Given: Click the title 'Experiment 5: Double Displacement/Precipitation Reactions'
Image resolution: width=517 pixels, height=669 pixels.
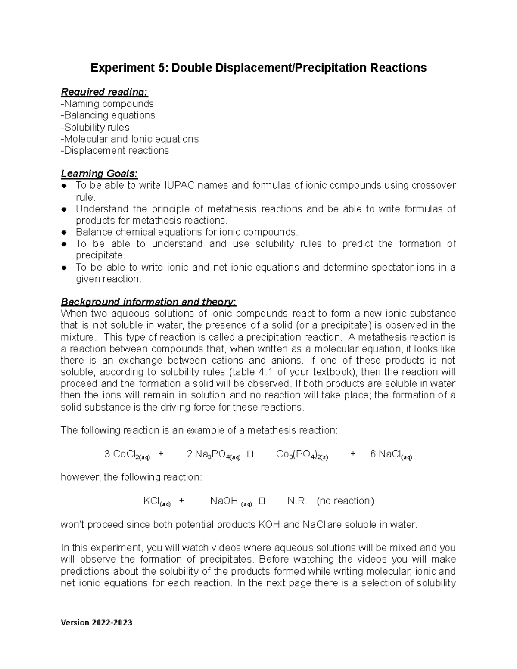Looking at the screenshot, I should pos(258,68).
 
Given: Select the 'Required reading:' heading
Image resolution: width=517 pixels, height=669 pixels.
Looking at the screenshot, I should pos(104,92).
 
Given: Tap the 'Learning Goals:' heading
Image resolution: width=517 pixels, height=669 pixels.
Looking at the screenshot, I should pos(99,174).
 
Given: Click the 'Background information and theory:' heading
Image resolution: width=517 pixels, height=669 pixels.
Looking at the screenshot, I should pos(149,302).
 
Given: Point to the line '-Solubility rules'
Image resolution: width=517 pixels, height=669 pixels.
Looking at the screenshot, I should pos(95,128).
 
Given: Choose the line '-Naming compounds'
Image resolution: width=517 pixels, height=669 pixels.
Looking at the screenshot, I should pos(107,104).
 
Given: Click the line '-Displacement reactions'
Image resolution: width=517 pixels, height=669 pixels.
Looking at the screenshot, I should pos(115,151).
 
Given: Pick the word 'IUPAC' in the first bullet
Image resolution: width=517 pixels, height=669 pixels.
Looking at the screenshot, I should pos(180,186).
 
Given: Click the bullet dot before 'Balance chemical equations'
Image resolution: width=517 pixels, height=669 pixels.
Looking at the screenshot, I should pos(64,233).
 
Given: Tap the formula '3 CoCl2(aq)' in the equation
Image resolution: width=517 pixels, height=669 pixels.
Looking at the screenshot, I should pos(127,454).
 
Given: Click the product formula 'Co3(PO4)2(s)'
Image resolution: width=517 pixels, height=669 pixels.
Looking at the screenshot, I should pos(302,454).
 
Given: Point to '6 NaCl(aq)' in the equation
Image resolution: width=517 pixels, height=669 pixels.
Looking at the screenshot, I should pos(391,454).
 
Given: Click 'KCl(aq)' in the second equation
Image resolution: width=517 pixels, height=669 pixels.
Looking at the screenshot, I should pos(157,501).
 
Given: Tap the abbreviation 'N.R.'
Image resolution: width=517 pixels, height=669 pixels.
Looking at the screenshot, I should pos(297,501).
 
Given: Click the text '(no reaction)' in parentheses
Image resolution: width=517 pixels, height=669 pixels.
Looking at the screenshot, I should pos(345,501).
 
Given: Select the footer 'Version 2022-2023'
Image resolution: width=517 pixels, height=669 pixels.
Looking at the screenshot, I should pos(97,622).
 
